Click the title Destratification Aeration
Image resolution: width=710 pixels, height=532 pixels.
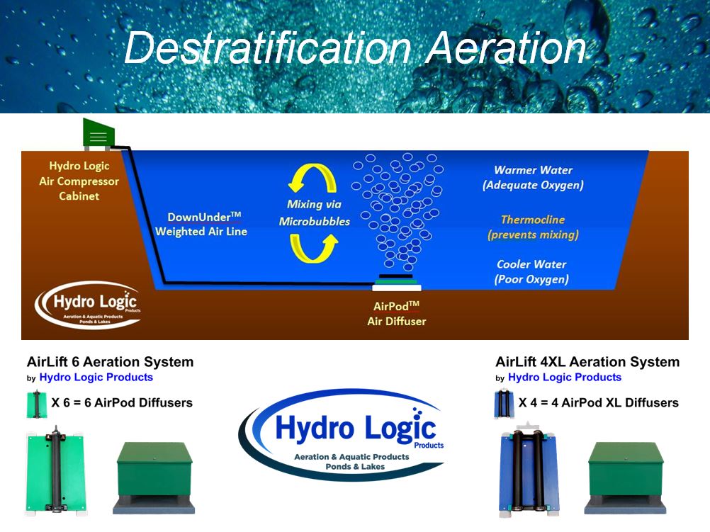tap(355, 48)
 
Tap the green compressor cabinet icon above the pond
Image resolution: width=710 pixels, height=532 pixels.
tap(98, 134)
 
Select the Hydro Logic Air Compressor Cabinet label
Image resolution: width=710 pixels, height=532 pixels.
tap(79, 181)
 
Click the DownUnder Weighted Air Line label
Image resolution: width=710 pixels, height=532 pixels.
tap(201, 225)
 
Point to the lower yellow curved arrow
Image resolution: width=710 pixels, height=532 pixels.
tap(313, 249)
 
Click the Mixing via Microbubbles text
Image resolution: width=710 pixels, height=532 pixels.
tap(314, 213)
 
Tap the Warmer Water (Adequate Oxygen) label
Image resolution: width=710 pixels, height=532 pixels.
tap(533, 178)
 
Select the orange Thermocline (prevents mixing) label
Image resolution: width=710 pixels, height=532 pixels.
tap(533, 227)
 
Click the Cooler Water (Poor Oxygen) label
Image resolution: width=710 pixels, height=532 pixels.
tap(531, 271)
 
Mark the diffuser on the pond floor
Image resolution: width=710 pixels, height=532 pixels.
tap(397, 283)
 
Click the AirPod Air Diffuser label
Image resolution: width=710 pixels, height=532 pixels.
tap(397, 314)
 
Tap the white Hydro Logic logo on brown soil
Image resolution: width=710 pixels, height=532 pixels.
tap(89, 305)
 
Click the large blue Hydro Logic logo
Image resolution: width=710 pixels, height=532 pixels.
tap(342, 434)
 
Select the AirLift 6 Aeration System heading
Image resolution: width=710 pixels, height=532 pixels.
tap(111, 362)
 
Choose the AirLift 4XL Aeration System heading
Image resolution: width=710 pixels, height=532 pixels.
tap(587, 362)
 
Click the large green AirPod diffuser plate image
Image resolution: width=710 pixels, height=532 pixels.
tap(56, 471)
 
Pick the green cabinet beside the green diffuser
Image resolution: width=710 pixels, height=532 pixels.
tap(154, 478)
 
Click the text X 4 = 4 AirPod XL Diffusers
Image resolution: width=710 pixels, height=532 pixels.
tap(598, 402)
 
